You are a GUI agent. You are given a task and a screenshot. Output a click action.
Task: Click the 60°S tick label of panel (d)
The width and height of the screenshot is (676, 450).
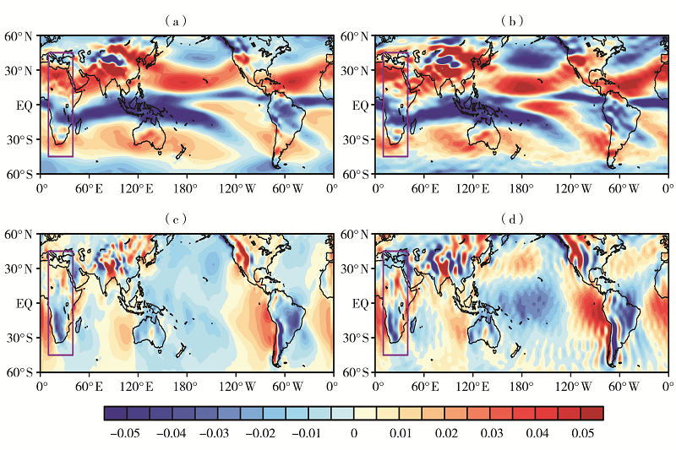pyautogui.click(x=356, y=371)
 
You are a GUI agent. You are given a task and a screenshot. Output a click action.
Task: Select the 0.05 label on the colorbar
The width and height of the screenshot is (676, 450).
pyautogui.click(x=581, y=432)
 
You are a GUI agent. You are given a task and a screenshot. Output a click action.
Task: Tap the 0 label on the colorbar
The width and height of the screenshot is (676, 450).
pyautogui.click(x=354, y=432)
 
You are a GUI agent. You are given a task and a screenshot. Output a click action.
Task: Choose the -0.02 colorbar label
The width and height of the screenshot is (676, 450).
pyautogui.click(x=263, y=432)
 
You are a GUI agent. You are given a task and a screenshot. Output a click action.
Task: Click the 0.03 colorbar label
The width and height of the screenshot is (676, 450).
pyautogui.click(x=490, y=432)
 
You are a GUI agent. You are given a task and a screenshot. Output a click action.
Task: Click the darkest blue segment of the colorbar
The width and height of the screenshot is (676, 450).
pyautogui.click(x=116, y=413)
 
